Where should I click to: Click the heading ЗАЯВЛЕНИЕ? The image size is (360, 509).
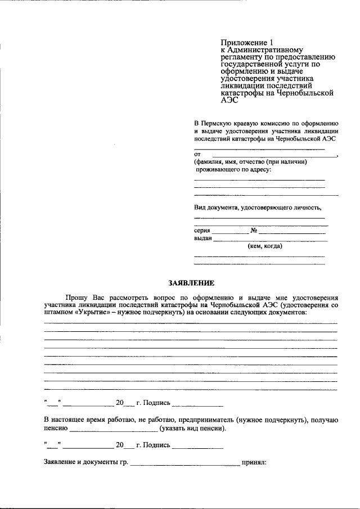(191, 283)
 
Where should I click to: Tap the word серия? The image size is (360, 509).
(202, 231)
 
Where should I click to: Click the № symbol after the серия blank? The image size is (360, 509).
(254, 231)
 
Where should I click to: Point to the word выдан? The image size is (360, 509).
(202, 238)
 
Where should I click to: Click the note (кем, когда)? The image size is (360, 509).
(265, 246)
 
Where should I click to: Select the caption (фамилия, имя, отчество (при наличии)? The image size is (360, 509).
(250, 161)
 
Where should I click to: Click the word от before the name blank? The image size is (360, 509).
(197, 154)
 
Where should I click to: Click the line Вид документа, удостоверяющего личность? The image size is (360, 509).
(258, 207)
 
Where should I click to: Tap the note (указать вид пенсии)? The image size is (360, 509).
(192, 428)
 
